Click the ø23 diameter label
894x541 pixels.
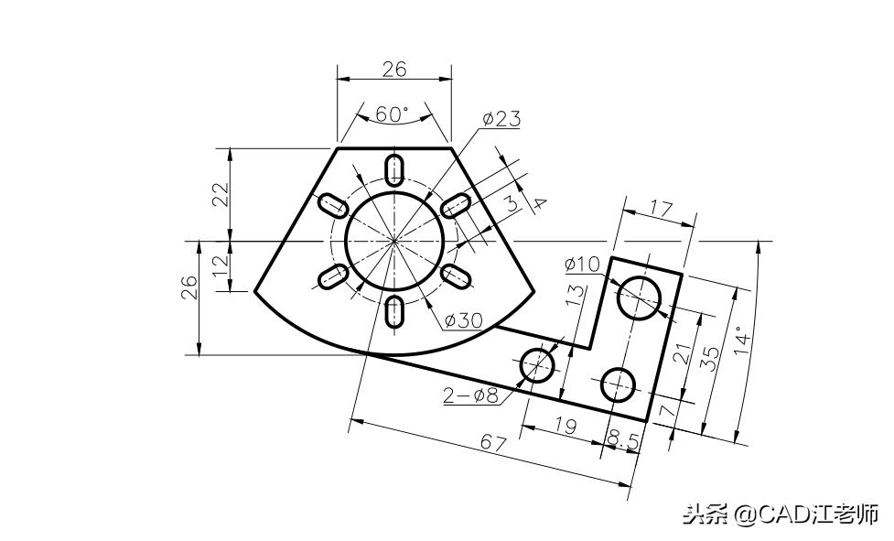501,119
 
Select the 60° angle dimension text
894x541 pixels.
393,114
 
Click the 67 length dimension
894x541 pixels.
495,443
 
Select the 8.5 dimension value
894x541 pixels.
623,441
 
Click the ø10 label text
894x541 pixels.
582,264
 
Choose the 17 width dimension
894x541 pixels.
661,210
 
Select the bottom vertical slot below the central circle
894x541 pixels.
395,311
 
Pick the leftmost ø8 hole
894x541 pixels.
538,364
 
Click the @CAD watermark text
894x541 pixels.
778,514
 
